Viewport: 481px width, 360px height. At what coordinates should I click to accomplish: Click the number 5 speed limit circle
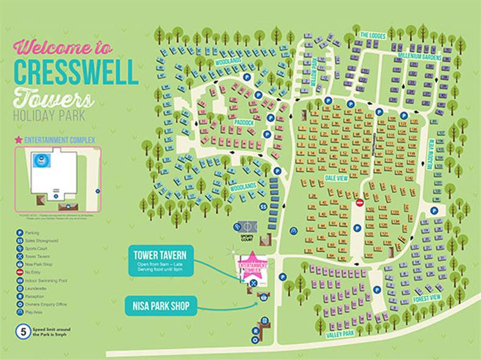coord(23,333)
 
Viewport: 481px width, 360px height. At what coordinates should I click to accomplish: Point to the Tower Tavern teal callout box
coord(161,259)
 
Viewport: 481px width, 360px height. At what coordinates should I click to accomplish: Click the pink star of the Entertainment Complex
coord(252,268)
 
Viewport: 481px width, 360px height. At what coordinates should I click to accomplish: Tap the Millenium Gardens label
coord(419,55)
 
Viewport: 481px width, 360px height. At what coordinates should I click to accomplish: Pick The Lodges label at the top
coord(372,35)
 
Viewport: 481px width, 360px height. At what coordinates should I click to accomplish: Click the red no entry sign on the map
coord(360,202)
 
